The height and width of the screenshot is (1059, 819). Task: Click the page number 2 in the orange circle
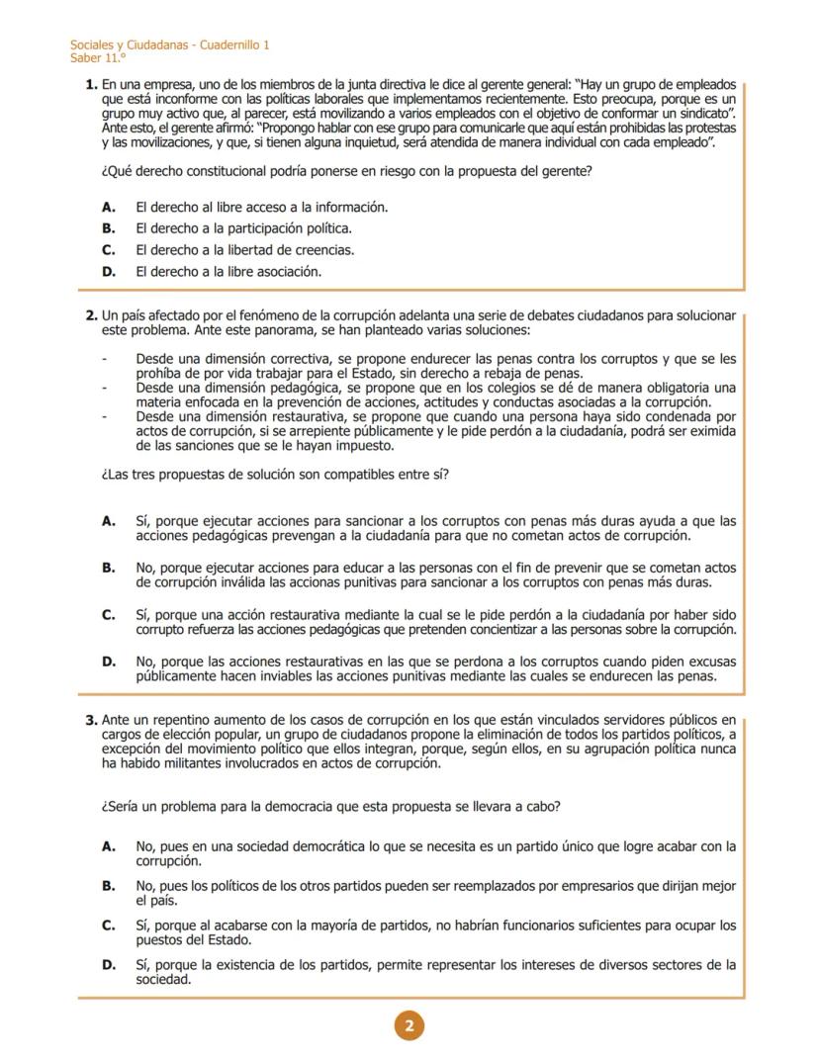(x=409, y=1025)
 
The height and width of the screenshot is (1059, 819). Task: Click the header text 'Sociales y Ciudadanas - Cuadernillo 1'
(x=169, y=45)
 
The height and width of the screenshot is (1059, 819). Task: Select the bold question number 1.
(x=92, y=87)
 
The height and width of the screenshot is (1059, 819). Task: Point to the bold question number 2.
(x=92, y=315)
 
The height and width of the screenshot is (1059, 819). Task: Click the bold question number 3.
(x=92, y=719)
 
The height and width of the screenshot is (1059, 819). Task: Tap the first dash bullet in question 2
(x=104, y=358)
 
